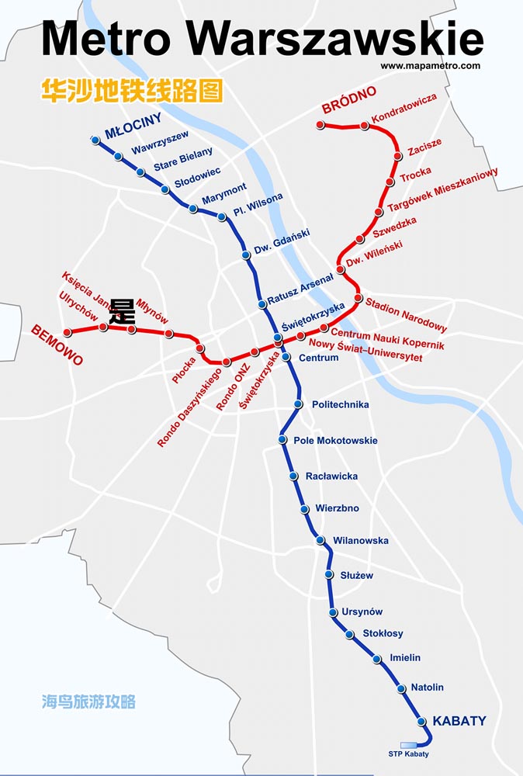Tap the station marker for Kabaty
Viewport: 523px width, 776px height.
422,722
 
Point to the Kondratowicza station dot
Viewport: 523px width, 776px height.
365,126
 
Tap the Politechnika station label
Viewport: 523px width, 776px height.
340,404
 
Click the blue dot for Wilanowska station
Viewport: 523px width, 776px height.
320,540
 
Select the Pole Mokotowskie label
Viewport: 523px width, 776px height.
335,441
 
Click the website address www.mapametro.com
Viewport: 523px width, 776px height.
430,66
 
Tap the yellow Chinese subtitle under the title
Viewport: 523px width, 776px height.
132,90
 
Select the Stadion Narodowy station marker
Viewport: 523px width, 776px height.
358,298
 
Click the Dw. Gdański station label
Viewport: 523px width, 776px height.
282,241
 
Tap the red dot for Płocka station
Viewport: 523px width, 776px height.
200,348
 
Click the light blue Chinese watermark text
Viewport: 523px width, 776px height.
88,702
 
